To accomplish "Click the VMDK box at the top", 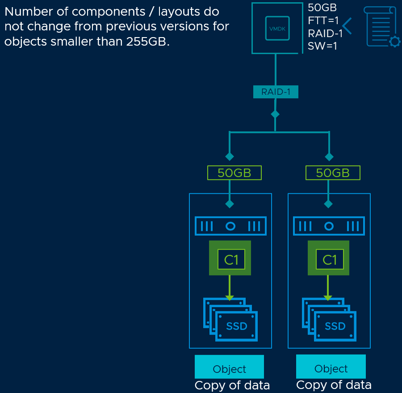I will pos(277,29).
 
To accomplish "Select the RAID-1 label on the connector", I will pos(276,92).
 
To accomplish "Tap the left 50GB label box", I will pos(234,173).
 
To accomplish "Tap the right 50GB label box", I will pos(333,173).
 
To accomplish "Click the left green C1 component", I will pos(230,258).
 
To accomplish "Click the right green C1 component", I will pos(328,258).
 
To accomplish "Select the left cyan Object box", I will pos(229,368).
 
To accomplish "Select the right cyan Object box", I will pos(331,367).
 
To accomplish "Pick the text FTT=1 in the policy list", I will pos(323,20).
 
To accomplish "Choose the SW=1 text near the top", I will pos(322,46).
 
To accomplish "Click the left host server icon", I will pos(230,226).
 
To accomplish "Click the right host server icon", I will pos(329,226).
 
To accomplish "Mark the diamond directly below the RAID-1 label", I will pos(275,114).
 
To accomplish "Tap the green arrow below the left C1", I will pos(230,288).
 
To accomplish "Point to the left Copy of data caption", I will pos(232,385).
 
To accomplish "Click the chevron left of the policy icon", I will pos(348,26).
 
